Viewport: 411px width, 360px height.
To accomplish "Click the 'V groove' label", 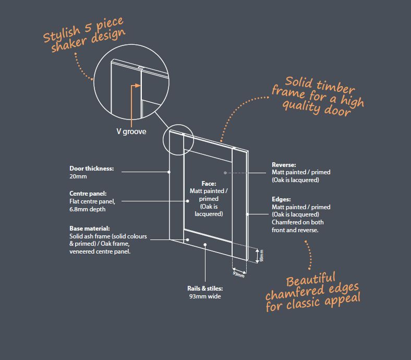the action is (x=131, y=131).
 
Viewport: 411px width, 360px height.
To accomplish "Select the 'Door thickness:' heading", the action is (x=91, y=169).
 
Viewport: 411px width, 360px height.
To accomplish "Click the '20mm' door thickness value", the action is (x=78, y=176).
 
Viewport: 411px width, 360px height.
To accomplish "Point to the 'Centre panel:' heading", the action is (x=88, y=194).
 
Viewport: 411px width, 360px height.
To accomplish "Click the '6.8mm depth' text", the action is (x=87, y=209).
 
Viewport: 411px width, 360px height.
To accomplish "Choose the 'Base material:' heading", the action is (x=90, y=229).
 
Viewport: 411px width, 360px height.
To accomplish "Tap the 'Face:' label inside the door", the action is (x=209, y=184).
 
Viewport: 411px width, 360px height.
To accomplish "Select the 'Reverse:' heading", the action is (x=284, y=165).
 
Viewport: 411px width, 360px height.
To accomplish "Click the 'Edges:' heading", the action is (x=281, y=199).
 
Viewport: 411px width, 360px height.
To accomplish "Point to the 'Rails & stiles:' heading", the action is (x=205, y=289).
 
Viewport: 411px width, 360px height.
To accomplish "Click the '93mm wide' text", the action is (x=205, y=296).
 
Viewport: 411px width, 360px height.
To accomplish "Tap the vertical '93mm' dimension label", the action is (x=261, y=256).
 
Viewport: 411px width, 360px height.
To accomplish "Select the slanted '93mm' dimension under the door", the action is (x=238, y=274).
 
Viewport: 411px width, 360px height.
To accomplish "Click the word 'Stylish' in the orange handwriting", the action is (x=62, y=34).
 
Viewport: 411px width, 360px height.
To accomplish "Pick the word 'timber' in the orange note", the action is (x=335, y=87).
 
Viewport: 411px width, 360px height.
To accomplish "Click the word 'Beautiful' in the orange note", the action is (x=311, y=280).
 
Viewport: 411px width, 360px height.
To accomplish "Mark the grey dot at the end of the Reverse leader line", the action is (x=225, y=173).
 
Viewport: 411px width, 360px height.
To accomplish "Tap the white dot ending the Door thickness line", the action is (x=169, y=172).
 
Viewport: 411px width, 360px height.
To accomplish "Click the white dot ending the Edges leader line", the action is (x=247, y=214).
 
